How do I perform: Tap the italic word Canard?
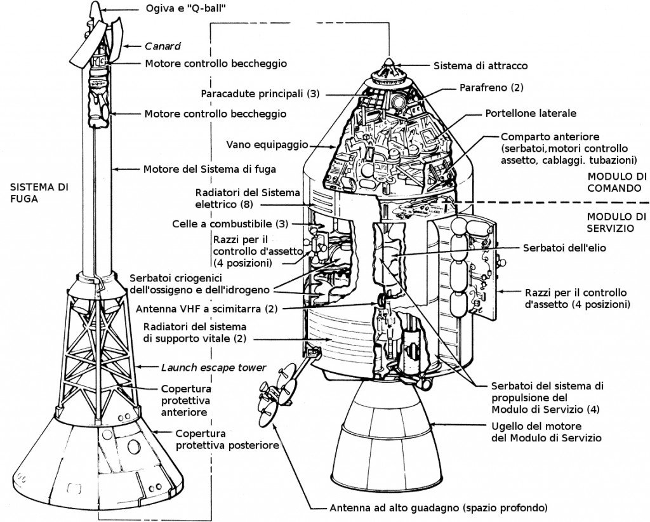pyautogui.click(x=162, y=46)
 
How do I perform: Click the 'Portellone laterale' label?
pyautogui.click(x=531, y=114)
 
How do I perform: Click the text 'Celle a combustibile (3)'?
pyautogui.click(x=231, y=224)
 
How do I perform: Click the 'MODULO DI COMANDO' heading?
pyautogui.click(x=617, y=182)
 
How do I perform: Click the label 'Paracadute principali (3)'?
pyautogui.click(x=260, y=93)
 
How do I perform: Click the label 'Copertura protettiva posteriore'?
pyautogui.click(x=227, y=439)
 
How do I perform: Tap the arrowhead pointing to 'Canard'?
pyautogui.click(x=125, y=46)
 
